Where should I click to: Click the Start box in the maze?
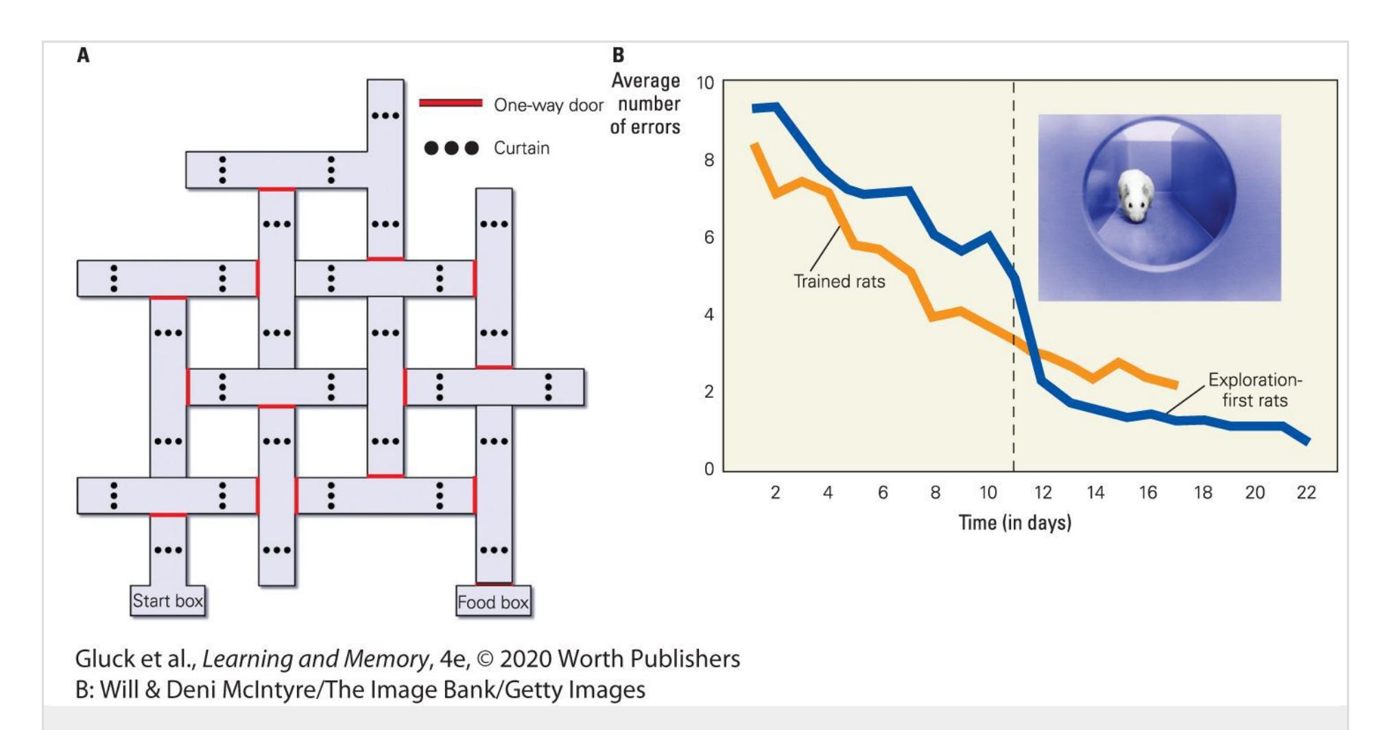pos(167,601)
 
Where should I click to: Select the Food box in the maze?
pos(493,602)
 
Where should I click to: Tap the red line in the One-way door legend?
pos(451,104)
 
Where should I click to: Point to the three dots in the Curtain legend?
pos(451,148)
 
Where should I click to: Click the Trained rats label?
pos(839,281)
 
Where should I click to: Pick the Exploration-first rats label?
pos(1254,390)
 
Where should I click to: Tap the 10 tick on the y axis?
pos(705,83)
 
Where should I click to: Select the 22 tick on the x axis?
pos(1306,493)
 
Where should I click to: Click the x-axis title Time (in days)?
pos(1014,523)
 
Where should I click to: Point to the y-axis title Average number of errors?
pos(645,104)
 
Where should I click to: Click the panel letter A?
pos(83,56)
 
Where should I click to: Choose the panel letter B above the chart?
pos(618,56)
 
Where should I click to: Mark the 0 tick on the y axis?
pos(708,469)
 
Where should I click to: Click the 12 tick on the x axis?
pos(1042,493)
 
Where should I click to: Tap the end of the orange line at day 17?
pos(1176,386)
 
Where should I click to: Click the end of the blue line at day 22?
pos(1307,441)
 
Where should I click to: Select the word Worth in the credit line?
pos(589,659)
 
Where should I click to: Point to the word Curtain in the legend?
pos(521,148)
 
